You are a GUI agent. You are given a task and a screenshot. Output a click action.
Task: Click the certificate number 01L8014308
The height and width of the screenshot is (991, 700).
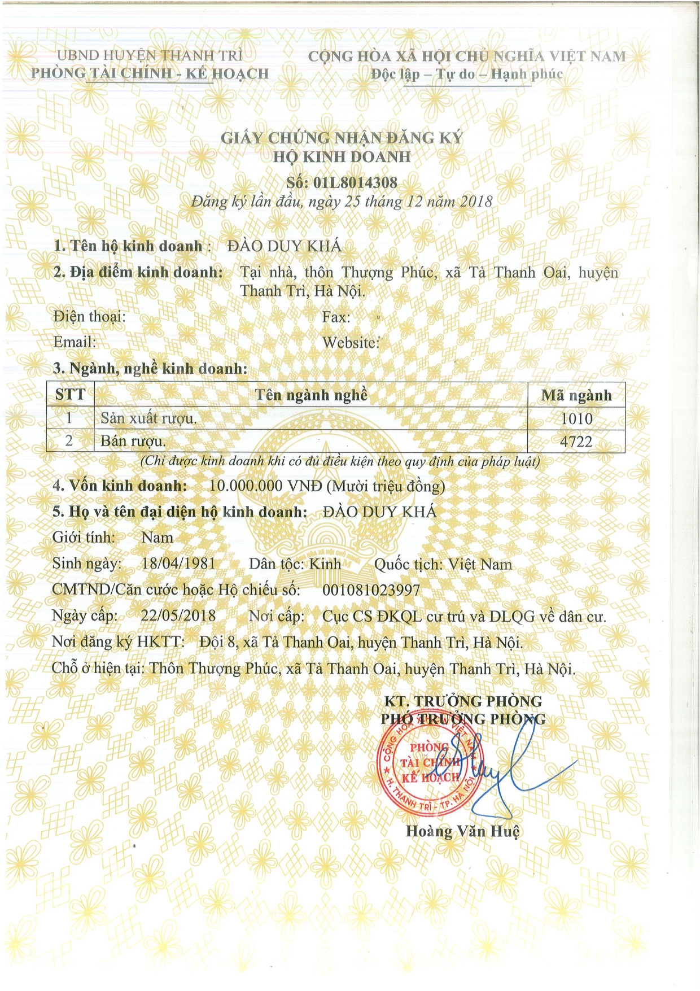point(355,182)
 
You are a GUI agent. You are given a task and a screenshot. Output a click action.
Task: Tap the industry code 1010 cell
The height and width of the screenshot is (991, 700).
point(576,418)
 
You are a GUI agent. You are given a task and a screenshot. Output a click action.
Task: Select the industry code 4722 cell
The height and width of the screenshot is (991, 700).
point(576,441)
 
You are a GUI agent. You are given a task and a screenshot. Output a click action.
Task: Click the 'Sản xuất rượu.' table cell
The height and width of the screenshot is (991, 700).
point(149,418)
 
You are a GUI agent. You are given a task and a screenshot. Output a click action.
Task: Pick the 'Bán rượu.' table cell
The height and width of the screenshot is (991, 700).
point(133,441)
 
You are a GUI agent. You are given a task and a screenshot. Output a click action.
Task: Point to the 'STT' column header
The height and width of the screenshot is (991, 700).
point(70,394)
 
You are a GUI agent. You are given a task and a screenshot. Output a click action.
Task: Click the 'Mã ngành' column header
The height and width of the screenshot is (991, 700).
point(576,395)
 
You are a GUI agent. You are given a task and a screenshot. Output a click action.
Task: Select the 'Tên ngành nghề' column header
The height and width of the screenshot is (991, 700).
point(311,394)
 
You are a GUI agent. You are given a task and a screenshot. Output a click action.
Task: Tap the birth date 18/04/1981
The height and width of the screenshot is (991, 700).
point(178,564)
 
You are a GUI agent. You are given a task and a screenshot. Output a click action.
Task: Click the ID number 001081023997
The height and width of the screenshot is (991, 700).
point(371,590)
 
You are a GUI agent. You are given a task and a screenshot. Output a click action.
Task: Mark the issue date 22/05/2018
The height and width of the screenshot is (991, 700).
point(178,615)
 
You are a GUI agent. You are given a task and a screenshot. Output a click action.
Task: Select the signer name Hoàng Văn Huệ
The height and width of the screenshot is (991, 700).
point(462,831)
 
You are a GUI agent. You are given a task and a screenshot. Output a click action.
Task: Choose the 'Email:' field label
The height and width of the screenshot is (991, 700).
point(75,342)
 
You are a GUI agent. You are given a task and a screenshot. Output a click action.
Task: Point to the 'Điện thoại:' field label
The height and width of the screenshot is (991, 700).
point(90,317)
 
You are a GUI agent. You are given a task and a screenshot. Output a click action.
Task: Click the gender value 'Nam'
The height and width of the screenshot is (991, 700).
point(158,538)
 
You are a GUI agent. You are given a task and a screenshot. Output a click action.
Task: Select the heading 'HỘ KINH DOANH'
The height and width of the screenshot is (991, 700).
point(342,156)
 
